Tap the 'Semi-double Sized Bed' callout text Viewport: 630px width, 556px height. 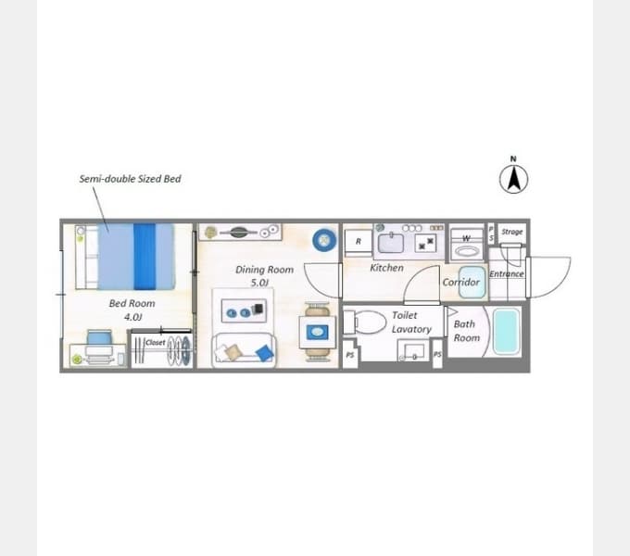pyautogui.click(x=130, y=179)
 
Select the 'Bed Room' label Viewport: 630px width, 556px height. pyautogui.click(x=132, y=303)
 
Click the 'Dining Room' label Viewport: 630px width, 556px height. pyautogui.click(x=264, y=270)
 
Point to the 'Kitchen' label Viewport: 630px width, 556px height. pyautogui.click(x=386, y=268)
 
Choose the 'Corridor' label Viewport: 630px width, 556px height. pyautogui.click(x=460, y=282)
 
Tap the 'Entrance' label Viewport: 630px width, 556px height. pyautogui.click(x=506, y=273)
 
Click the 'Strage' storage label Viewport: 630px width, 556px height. pyautogui.click(x=511, y=232)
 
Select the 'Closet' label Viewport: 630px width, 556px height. pyautogui.click(x=155, y=342)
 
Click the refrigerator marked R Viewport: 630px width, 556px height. pyautogui.click(x=359, y=243)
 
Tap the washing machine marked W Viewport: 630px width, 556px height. pyautogui.click(x=466, y=245)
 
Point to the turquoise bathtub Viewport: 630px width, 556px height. pyautogui.click(x=506, y=332)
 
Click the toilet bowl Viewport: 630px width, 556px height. pyautogui.click(x=367, y=322)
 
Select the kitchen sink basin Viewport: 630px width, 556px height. pyautogui.click(x=391, y=244)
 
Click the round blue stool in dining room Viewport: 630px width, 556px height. pyautogui.click(x=324, y=240)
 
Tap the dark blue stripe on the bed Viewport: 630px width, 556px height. pyautogui.click(x=145, y=257)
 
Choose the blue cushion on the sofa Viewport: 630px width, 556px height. pyautogui.click(x=265, y=353)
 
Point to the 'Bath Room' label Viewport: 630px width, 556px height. pyautogui.click(x=466, y=331)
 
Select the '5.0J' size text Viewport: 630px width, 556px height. pyautogui.click(x=259, y=283)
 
